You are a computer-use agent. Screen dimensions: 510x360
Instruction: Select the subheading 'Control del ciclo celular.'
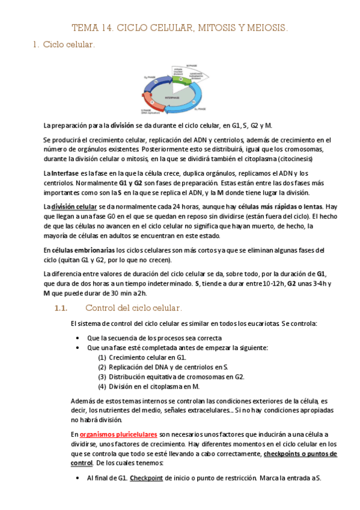coord(133,308)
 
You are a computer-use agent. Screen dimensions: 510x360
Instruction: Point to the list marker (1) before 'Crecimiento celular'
coord(102,357)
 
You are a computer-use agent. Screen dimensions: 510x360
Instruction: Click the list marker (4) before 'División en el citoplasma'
coord(102,386)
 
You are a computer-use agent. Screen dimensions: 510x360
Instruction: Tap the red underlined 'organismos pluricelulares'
coord(118,434)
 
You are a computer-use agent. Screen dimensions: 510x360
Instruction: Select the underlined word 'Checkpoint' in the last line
coord(146,478)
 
